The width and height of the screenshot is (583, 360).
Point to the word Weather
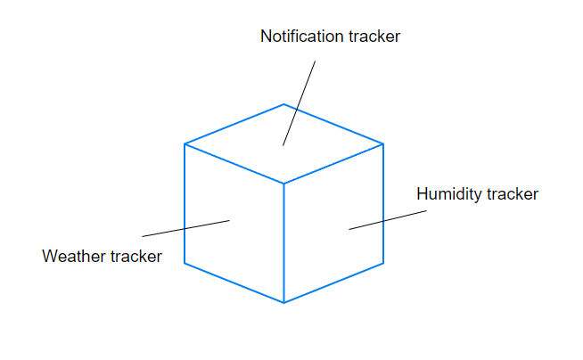[x=74, y=257]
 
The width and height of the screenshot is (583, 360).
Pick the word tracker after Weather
[x=135, y=257]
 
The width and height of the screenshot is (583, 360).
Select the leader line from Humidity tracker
[x=388, y=220]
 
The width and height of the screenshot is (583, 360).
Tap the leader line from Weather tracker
[x=185, y=228]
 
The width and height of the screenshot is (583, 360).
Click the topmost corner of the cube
[x=284, y=103]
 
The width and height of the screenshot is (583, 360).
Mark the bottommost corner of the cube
[x=284, y=303]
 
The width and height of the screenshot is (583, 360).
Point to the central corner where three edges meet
[x=284, y=184]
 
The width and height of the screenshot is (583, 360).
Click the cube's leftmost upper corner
[x=185, y=143]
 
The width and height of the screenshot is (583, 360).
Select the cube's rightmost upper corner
[x=383, y=143]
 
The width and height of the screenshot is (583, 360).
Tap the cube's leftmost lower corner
[x=185, y=263]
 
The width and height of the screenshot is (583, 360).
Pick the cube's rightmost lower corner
[x=383, y=263]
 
